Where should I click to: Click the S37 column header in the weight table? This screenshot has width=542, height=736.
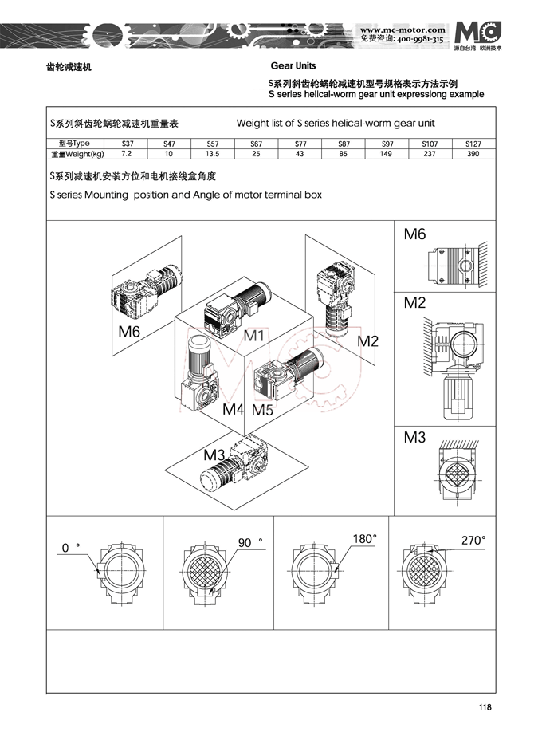pos(128,144)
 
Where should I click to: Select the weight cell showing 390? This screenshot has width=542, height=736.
pos(473,154)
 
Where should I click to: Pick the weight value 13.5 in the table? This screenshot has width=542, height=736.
pos(213,154)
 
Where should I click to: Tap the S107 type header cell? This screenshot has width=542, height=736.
pos(430,144)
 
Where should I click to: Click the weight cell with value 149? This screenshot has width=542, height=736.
pos(387,154)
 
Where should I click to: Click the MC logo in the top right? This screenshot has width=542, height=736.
pos(479,30)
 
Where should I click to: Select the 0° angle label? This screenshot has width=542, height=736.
pos(71,548)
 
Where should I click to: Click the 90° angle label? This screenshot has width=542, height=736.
pos(249,542)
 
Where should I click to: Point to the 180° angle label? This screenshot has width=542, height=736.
pos(364,539)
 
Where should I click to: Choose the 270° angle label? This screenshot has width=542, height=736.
pos(473,540)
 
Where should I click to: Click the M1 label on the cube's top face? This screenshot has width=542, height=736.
pos(253,336)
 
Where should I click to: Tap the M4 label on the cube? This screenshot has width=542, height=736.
pos(233,410)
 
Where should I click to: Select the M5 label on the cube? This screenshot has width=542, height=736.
pos(262,410)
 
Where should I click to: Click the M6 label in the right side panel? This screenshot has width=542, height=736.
pos(415,234)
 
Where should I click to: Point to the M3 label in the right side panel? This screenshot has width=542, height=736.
pos(415,437)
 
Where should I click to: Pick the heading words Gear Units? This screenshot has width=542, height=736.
pos(293,66)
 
